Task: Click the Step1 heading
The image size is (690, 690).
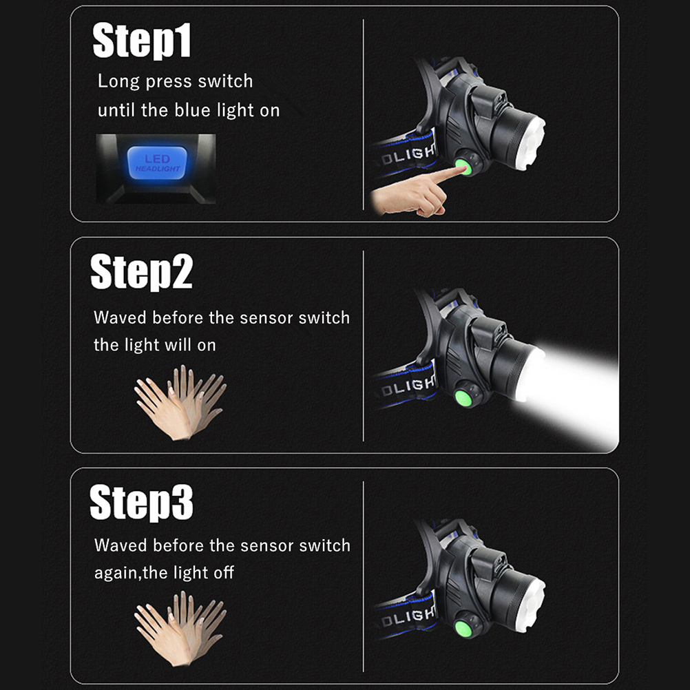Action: coord(142,41)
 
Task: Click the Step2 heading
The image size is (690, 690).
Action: coord(141,271)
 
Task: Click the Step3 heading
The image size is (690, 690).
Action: coord(141,502)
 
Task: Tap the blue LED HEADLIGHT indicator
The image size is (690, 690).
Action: coord(157,163)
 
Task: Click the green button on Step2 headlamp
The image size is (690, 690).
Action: coord(463,399)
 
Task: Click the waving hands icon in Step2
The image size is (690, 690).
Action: coord(180,402)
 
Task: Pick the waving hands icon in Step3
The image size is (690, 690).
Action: coord(180,629)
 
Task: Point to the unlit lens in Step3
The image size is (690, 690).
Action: coord(533,605)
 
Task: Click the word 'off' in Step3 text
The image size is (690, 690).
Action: coord(224,572)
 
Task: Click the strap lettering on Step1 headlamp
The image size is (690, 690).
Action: coord(408,154)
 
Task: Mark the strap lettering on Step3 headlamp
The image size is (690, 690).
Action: coord(408,617)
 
